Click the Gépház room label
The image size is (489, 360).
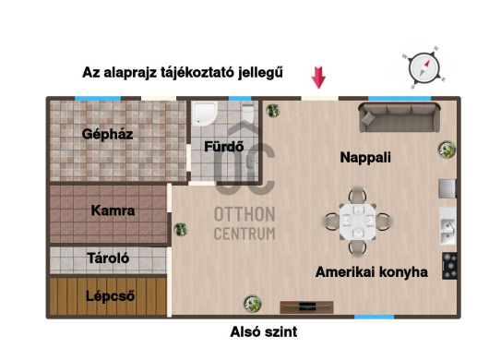(x=108, y=134)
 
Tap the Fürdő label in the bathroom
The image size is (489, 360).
(x=224, y=147)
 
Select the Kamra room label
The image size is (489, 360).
(x=113, y=210)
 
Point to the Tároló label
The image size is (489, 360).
(x=108, y=258)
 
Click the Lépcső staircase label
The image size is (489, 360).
(x=111, y=296)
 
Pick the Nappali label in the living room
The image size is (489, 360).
(x=365, y=157)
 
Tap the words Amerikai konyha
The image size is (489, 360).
(x=372, y=272)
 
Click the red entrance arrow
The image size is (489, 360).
(x=318, y=78)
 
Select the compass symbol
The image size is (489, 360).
(x=424, y=67)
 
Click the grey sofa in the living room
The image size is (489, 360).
(x=400, y=117)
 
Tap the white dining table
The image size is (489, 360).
(x=358, y=222)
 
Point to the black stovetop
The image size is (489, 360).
(x=449, y=266)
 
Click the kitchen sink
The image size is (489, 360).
(x=448, y=226)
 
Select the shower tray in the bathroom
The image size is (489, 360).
(x=204, y=114)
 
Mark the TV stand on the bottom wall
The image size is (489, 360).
(x=307, y=307)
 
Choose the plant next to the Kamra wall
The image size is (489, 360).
(x=181, y=230)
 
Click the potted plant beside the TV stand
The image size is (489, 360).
(x=253, y=304)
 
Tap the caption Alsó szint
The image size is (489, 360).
(x=264, y=331)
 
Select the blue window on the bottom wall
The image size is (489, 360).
(x=375, y=317)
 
